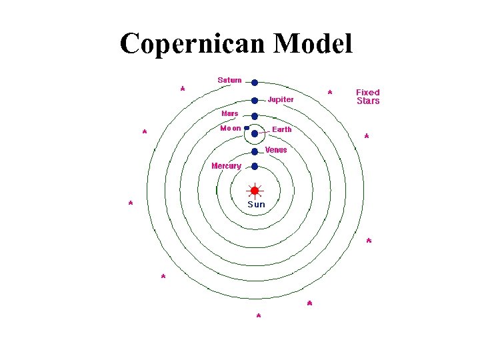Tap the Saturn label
click(x=229, y=80)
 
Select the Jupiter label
click(x=281, y=99)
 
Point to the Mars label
click(x=229, y=113)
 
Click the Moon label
click(x=230, y=128)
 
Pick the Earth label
click(x=281, y=129)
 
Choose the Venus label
click(x=276, y=150)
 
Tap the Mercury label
click(x=226, y=165)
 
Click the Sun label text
click(x=256, y=205)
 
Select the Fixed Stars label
click(x=368, y=97)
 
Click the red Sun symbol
click(x=254, y=191)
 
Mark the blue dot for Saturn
click(x=254, y=83)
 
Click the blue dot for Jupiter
click(x=254, y=101)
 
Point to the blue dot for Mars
click(x=254, y=117)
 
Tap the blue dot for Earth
click(x=254, y=134)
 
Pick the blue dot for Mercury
click(x=254, y=166)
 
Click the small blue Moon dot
click(x=246, y=127)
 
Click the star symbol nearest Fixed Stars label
click(x=330, y=92)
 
